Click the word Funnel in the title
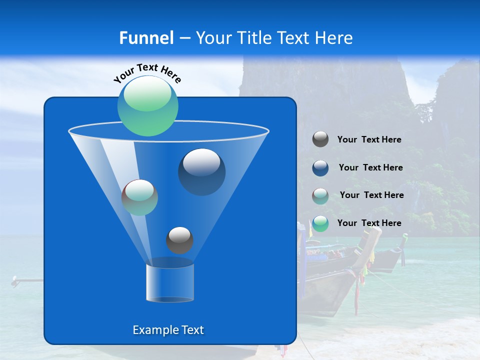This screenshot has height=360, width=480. click(x=146, y=38)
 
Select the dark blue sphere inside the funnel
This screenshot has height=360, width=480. click(x=201, y=171)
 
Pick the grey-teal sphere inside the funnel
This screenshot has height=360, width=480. click(x=139, y=197)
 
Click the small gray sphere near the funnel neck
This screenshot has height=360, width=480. click(x=179, y=240)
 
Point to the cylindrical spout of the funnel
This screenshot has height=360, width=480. click(x=169, y=283)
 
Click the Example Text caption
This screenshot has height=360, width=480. click(x=168, y=330)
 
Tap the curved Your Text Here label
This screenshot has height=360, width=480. click(x=147, y=73)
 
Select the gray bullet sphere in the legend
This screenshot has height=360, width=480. click(x=320, y=139)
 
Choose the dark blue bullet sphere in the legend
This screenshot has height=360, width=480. click(x=320, y=168)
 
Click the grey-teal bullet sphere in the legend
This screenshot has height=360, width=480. click(x=320, y=195)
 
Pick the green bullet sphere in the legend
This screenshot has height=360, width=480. click(x=320, y=223)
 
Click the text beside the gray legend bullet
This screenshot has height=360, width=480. click(x=369, y=140)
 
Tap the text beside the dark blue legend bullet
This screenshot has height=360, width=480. click(x=370, y=168)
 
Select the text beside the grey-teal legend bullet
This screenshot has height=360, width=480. click(x=371, y=195)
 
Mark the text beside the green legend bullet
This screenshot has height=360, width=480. click(x=369, y=223)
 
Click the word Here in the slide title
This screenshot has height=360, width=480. click(x=334, y=38)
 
